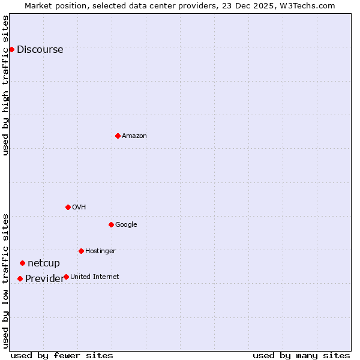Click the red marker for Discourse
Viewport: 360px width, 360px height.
tap(11, 49)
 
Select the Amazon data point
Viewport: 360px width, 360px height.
tap(118, 136)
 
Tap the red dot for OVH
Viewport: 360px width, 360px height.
tap(68, 207)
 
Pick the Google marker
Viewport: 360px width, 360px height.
tap(111, 224)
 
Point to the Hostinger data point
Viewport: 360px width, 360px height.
tap(81, 251)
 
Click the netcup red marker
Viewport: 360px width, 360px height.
tap(22, 263)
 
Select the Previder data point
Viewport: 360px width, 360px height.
tap(20, 278)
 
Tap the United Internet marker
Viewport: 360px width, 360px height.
tap(66, 277)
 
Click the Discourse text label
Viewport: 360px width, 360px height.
tap(40, 50)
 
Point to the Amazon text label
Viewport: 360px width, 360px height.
tap(134, 136)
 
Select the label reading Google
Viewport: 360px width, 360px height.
tap(126, 225)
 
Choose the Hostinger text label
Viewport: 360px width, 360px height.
tap(100, 251)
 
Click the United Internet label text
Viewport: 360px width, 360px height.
tap(94, 277)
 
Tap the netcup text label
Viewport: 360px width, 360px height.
tap(44, 263)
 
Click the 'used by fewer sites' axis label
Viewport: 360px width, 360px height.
tap(62, 355)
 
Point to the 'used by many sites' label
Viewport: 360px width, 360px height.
tap(301, 355)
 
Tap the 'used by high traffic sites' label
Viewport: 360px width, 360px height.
tap(5, 85)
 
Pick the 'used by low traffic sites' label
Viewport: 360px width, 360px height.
tap(5, 280)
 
